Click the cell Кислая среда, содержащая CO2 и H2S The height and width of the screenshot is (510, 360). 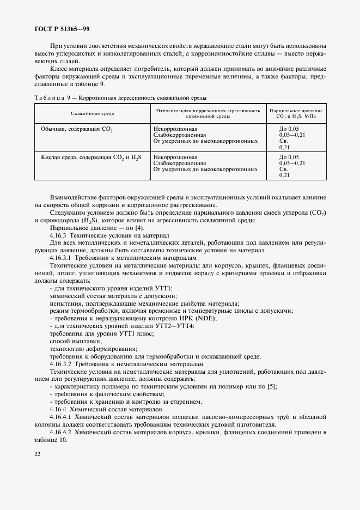tap(91, 157)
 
